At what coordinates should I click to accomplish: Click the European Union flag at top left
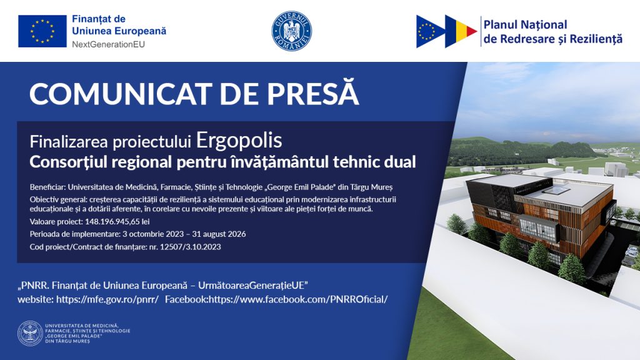[42, 31]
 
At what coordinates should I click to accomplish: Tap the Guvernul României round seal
[291, 31]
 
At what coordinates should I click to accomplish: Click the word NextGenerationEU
[108, 44]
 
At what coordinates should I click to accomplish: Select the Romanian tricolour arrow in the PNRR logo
[461, 31]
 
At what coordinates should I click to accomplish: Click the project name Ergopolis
[239, 141]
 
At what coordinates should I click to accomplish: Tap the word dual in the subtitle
[400, 162]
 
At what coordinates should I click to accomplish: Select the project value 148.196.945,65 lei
[117, 222]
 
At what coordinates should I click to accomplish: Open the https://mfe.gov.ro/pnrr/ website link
[107, 299]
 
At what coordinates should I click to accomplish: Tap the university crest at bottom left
[30, 334]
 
